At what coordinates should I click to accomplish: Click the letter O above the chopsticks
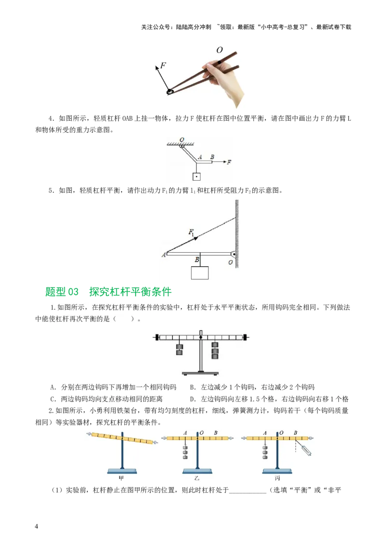220,50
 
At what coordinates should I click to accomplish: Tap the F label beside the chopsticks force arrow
163,65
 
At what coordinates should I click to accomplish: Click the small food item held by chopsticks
170,91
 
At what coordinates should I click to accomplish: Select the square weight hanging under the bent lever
196,177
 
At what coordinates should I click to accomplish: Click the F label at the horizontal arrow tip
229,162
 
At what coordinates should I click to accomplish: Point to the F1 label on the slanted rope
193,232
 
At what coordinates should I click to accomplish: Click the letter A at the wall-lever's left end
164,255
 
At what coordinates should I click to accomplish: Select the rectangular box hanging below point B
200,273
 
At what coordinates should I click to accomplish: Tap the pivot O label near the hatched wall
231,262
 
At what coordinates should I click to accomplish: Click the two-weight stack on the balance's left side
179,349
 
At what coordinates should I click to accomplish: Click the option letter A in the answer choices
53,387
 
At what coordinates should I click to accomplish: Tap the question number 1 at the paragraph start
52,307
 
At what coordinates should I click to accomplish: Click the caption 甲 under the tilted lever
122,478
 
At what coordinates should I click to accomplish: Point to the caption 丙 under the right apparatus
277,478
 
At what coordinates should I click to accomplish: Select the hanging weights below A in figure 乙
185,452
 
